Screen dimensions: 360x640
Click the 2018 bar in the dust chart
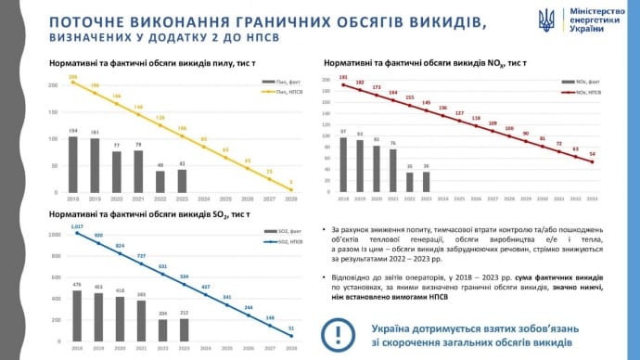click(x=72, y=164)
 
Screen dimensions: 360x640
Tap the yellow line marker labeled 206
click(x=72, y=83)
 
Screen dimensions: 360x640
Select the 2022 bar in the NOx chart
click(x=410, y=182)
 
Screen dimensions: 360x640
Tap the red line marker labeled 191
click(x=343, y=85)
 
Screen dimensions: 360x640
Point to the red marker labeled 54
click(x=593, y=161)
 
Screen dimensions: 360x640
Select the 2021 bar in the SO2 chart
click(x=141, y=321)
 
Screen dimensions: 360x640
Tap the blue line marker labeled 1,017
click(x=78, y=232)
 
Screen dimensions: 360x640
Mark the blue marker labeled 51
click(x=293, y=335)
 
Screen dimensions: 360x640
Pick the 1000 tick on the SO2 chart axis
click(x=54, y=234)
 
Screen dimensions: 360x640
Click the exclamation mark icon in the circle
click(x=336, y=334)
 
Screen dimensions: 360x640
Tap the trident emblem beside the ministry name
click(x=547, y=19)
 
